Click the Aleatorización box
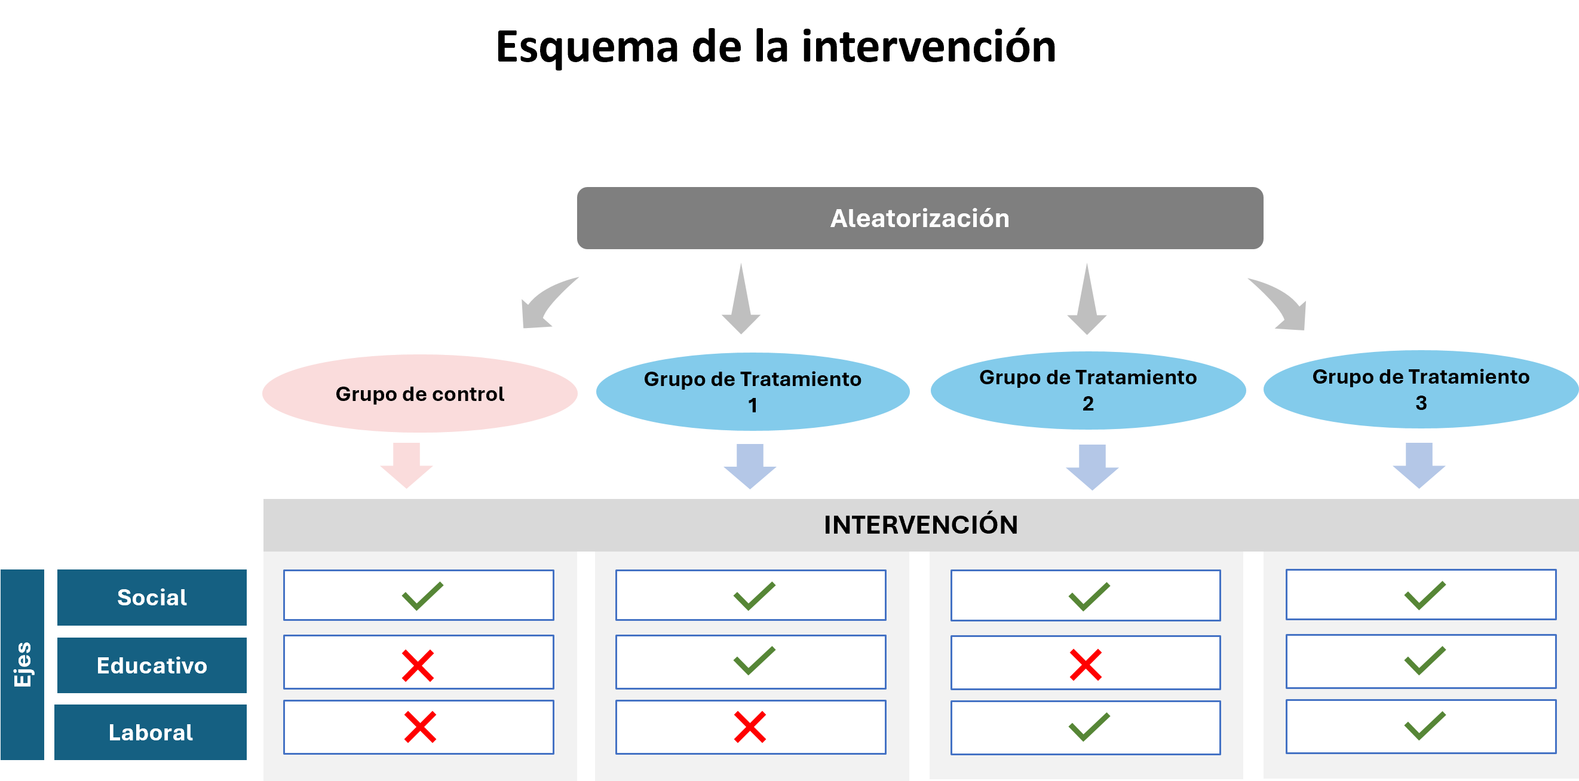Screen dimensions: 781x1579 (x=919, y=218)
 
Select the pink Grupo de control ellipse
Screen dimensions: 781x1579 (x=420, y=394)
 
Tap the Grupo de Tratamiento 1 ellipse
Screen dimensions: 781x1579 (x=752, y=392)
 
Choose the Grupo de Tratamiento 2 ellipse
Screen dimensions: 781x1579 (x=1087, y=391)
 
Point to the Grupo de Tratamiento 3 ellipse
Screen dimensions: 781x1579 (x=1420, y=389)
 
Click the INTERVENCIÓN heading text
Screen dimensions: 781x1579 (x=920, y=525)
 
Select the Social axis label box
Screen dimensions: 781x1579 (x=151, y=597)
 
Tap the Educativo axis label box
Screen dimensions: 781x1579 (x=151, y=665)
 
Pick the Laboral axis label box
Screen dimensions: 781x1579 (x=150, y=732)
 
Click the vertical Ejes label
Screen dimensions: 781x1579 (x=23, y=664)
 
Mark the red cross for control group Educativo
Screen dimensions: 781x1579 (x=418, y=666)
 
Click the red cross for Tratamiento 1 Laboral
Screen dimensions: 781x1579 (x=750, y=727)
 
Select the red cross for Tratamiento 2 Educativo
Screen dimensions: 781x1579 (x=1085, y=665)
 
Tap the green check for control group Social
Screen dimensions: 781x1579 (x=422, y=596)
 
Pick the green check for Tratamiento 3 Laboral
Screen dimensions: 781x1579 (x=1424, y=726)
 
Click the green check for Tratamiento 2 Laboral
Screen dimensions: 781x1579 (x=1089, y=727)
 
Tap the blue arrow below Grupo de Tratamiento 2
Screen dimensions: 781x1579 (x=1091, y=467)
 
